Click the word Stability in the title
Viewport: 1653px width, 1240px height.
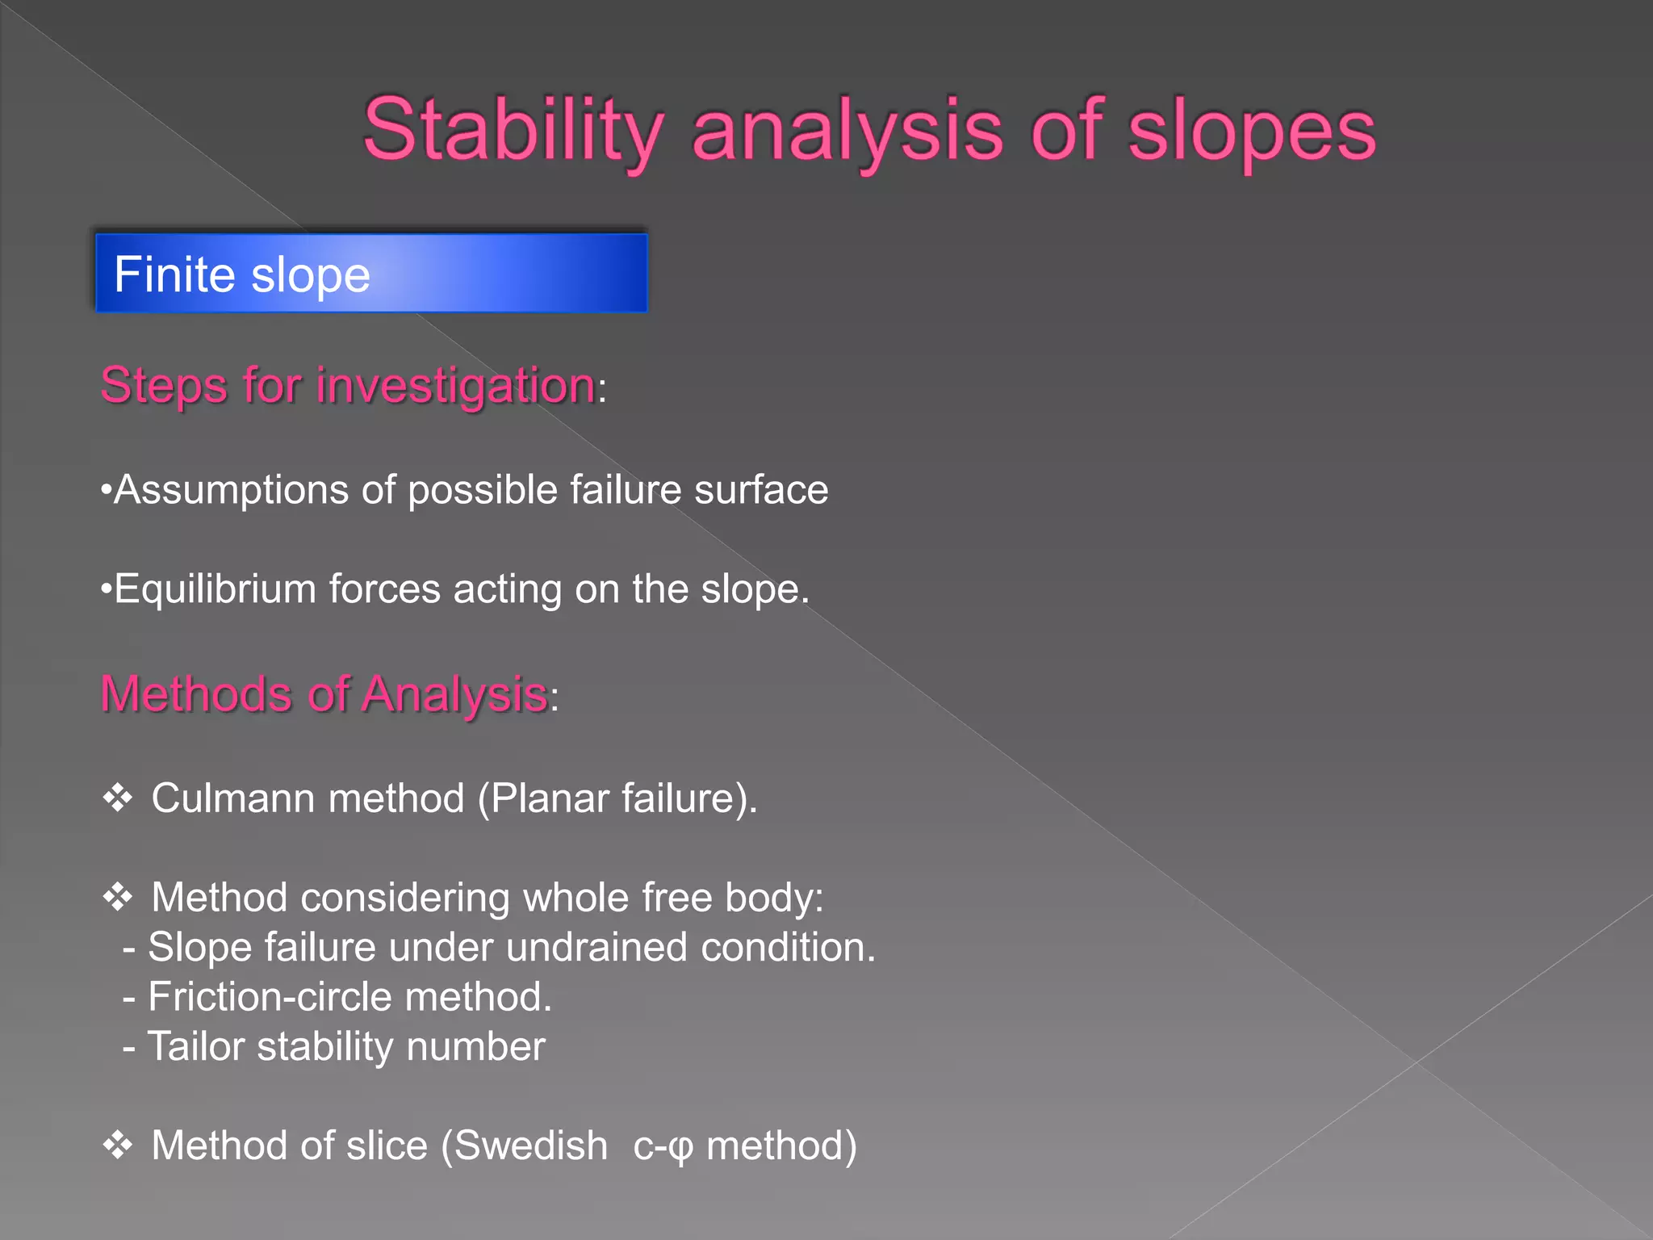(513, 131)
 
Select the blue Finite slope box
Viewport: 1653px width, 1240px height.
(371, 273)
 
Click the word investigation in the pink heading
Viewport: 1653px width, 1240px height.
(455, 385)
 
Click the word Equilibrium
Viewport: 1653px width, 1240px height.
(215, 589)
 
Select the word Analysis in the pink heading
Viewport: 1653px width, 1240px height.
(454, 694)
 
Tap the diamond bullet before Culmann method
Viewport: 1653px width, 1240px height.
(118, 798)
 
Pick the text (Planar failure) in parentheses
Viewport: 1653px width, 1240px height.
(617, 798)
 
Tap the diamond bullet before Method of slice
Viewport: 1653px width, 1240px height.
(118, 1146)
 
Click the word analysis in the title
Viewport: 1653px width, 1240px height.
(847, 131)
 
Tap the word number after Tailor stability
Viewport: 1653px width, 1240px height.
(475, 1047)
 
